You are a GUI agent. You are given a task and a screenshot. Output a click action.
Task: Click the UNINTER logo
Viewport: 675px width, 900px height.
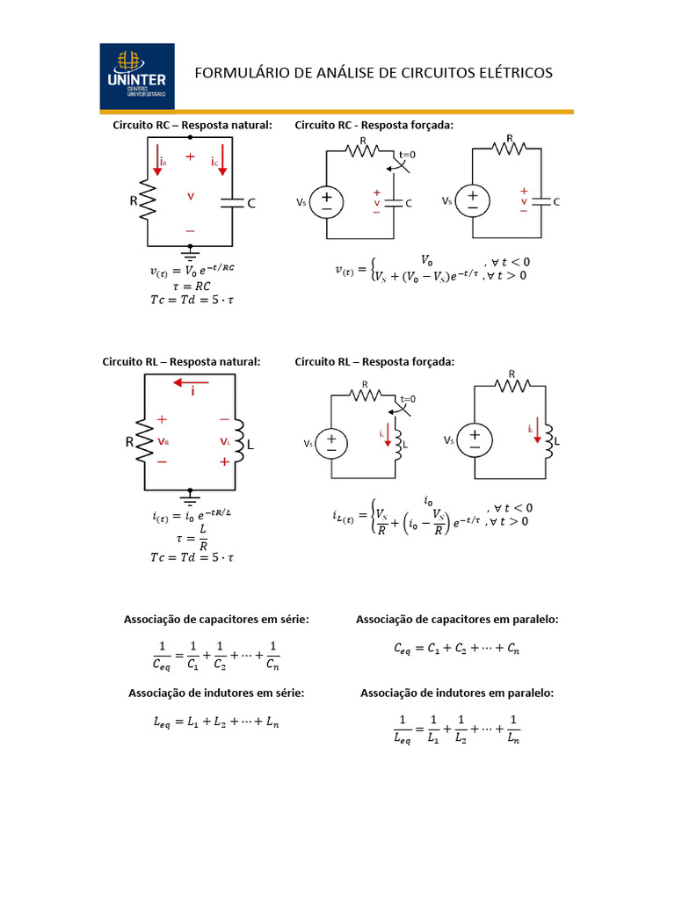tap(137, 76)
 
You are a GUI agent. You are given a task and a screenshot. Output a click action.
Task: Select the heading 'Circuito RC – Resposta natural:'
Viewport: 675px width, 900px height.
tap(192, 126)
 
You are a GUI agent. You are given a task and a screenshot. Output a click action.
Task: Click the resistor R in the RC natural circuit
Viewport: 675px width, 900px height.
tap(147, 201)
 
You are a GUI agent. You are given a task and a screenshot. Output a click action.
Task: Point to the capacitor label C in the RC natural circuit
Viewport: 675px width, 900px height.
tap(251, 204)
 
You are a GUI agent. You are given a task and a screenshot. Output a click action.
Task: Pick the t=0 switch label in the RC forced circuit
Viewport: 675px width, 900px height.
tap(407, 154)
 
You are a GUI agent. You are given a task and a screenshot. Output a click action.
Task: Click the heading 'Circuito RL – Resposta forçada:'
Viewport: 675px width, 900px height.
tap(374, 361)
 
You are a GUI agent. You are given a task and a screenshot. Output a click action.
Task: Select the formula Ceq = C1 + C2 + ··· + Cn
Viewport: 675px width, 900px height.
tap(456, 650)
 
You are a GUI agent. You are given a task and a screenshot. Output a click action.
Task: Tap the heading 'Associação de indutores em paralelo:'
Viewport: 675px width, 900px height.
tap(457, 693)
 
